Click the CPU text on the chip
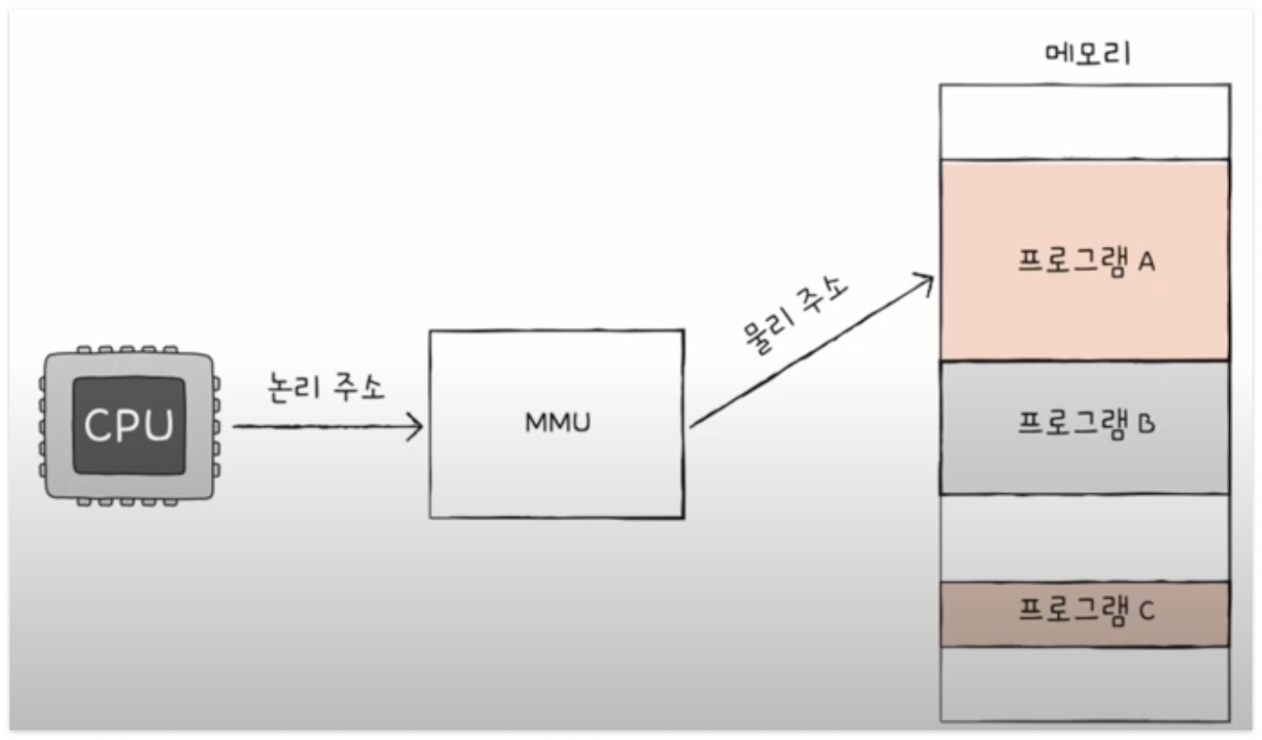[129, 425]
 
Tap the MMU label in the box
[558, 422]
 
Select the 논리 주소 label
[326, 387]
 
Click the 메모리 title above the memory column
[1088, 54]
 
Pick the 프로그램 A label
[1086, 261]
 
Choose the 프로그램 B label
[1086, 423]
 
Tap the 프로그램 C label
[1086, 611]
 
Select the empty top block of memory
[1085, 121]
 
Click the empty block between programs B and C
[1085, 537]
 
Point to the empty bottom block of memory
[1085, 684]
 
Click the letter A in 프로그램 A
[1147, 261]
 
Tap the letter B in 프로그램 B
[1147, 424]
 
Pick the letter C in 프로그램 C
[1147, 611]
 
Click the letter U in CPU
[158, 425]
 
